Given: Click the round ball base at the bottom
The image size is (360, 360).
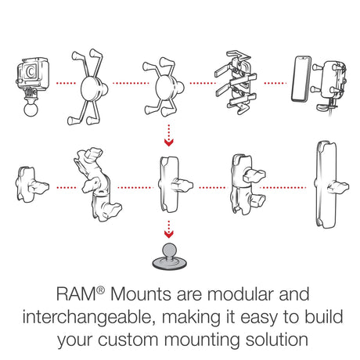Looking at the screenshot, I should [166, 258].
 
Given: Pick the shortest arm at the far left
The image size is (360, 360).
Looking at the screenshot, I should [29, 187].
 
